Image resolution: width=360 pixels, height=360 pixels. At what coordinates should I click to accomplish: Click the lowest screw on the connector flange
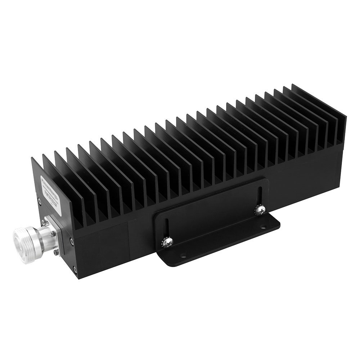click(x=55, y=253)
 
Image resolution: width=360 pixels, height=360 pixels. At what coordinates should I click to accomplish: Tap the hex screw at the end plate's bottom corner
click(x=75, y=270)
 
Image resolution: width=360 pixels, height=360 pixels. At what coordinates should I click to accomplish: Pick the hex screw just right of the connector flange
click(x=72, y=242)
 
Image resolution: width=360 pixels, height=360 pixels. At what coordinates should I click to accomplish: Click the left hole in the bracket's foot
click(x=183, y=256)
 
